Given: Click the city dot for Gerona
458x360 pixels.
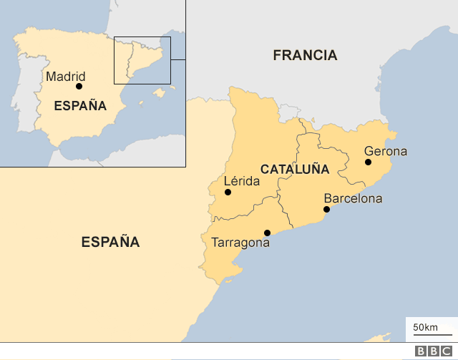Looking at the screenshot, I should click(368, 162).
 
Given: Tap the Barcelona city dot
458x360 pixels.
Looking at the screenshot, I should click(326, 210).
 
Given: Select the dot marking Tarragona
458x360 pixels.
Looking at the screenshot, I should click(267, 232).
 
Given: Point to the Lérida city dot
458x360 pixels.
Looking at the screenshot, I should click(228, 192).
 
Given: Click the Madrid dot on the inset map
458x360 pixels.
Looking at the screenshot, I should click(79, 87).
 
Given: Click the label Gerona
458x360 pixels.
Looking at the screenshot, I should click(385, 151).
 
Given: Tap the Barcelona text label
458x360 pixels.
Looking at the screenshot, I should click(353, 198).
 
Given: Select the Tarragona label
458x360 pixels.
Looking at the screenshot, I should click(240, 243).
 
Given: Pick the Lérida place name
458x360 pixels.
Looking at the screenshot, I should click(242, 182).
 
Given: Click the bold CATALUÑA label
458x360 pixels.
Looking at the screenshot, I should click(294, 170).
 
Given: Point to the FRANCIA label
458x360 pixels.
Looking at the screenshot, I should click(305, 55).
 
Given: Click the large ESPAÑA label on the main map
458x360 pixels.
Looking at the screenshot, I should click(110, 242).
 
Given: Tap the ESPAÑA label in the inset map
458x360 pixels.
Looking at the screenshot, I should click(80, 106).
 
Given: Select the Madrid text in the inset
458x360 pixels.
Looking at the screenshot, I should click(65, 77).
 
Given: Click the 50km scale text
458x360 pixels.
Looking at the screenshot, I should click(425, 328).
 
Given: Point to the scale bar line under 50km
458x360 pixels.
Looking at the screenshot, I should click(432, 335).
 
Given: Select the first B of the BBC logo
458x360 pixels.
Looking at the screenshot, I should click(421, 351).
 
